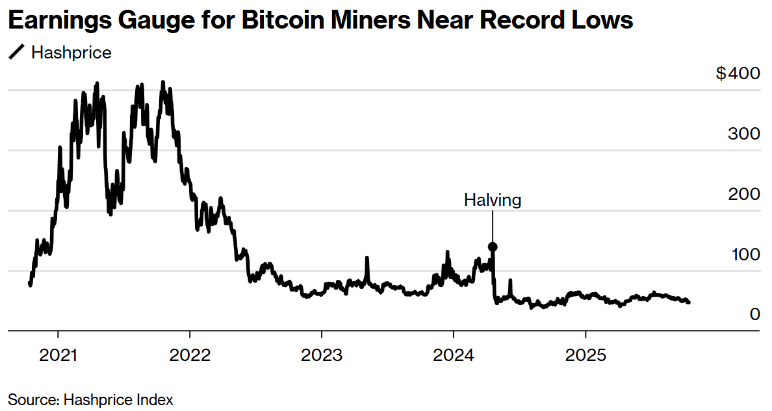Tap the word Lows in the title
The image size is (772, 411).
pos(602,21)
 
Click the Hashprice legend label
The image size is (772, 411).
pos(71,53)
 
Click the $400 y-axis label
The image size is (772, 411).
pos(738,73)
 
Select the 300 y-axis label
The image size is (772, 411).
pos(743,134)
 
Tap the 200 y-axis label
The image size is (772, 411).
pos(743,194)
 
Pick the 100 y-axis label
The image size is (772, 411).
pos(743,254)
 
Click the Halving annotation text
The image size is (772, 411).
pos(493,200)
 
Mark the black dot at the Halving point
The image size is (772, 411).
pos(493,247)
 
